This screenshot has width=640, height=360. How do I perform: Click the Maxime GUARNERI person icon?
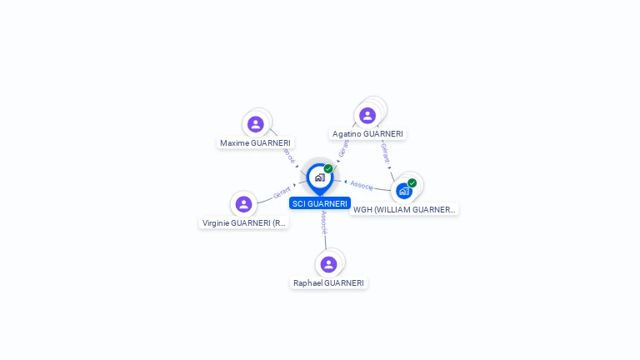click(x=256, y=124)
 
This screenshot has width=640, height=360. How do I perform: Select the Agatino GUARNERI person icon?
click(x=367, y=116)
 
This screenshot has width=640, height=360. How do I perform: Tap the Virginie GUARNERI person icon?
click(x=243, y=204)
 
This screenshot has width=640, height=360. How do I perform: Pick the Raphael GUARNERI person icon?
click(x=328, y=264)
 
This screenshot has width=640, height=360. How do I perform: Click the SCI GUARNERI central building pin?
click(x=319, y=177)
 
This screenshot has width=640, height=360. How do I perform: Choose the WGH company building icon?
click(x=404, y=191)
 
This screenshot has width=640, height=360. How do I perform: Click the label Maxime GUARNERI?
click(x=255, y=143)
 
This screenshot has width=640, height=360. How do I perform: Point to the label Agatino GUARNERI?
click(x=367, y=134)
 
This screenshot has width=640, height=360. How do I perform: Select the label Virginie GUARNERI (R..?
click(x=244, y=223)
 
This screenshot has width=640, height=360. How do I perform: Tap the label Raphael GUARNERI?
click(x=328, y=283)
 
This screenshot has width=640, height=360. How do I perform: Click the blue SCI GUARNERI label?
click(x=320, y=203)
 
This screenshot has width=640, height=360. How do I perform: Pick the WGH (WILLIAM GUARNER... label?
click(x=404, y=210)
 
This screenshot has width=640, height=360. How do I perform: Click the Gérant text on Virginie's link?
click(x=282, y=193)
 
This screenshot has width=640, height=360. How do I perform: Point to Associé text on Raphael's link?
click(x=324, y=222)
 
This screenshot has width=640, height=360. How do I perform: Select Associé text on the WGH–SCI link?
click(x=362, y=185)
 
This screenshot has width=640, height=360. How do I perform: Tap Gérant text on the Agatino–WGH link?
click(x=385, y=152)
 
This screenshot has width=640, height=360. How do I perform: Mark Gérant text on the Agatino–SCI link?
click(x=343, y=148)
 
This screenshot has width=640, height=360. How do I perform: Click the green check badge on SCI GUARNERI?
click(x=328, y=168)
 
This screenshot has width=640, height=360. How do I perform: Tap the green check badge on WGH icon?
click(x=412, y=182)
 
